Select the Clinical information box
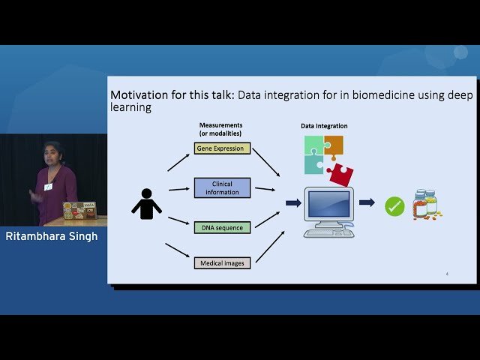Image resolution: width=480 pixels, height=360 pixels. (x=222, y=187)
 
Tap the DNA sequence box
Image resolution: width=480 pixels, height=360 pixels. (x=222, y=226)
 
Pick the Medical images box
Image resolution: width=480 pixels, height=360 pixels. (x=222, y=263)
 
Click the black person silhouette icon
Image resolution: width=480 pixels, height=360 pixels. (x=146, y=205)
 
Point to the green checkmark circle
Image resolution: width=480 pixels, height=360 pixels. (x=394, y=206)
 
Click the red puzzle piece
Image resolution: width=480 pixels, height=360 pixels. (x=340, y=174)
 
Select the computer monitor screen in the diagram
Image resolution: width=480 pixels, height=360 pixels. (x=328, y=203)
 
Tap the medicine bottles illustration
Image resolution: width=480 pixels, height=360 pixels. (x=426, y=205)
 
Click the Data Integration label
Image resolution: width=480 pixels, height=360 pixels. (x=324, y=126)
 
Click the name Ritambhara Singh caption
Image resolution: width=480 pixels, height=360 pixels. (x=52, y=237)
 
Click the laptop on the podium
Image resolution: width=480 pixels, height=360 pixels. (x=79, y=211)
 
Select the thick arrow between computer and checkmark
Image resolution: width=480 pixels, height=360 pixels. (x=367, y=202)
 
